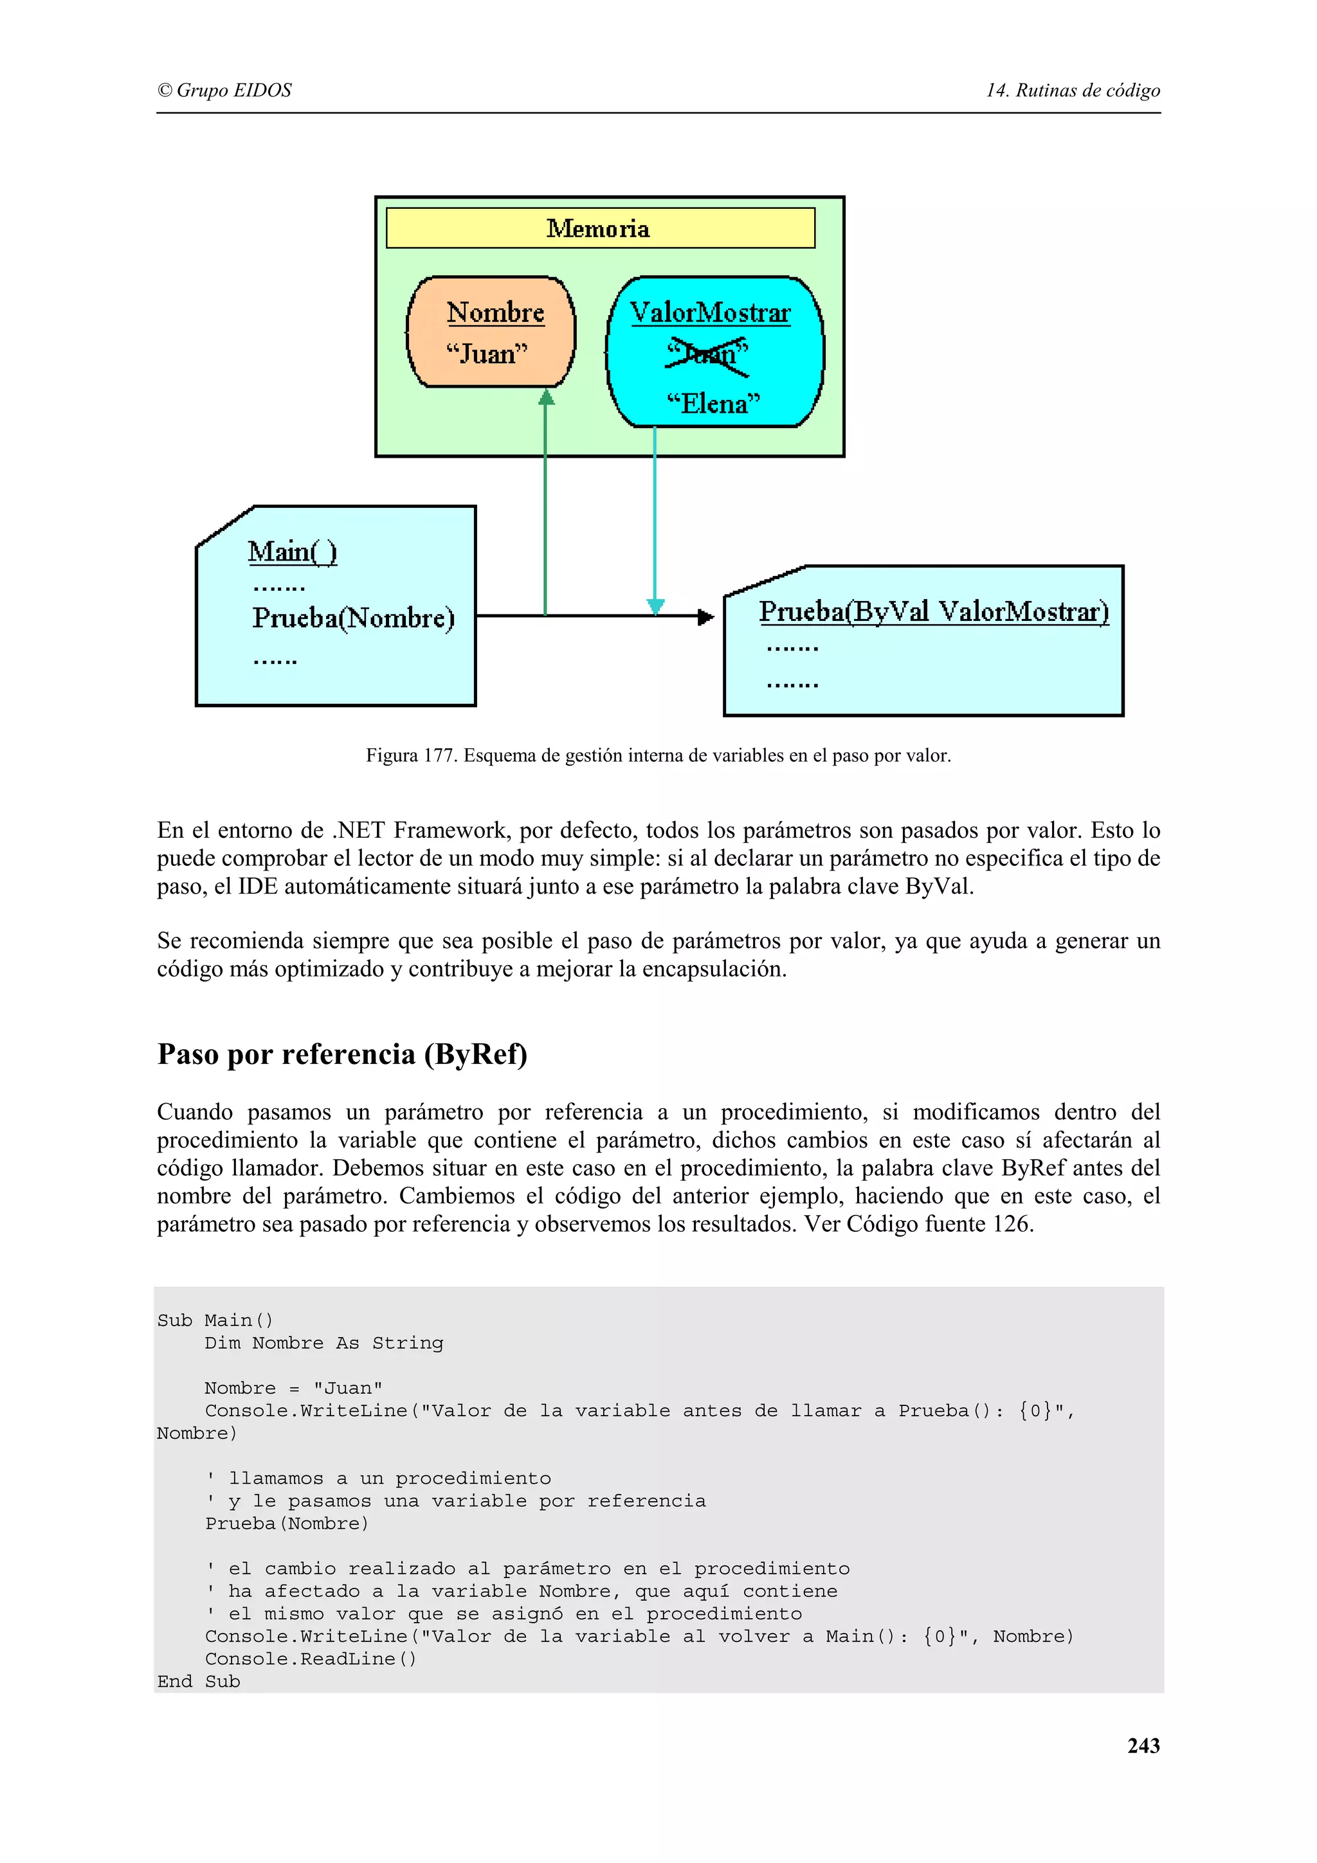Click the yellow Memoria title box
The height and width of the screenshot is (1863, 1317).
click(600, 228)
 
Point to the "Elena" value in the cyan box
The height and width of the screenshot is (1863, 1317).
click(713, 403)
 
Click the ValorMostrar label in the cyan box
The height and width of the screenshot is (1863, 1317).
click(710, 313)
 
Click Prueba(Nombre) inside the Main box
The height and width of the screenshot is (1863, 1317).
click(353, 618)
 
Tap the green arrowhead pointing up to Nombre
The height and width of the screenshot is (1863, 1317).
click(546, 397)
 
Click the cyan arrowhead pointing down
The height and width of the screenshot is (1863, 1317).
click(655, 606)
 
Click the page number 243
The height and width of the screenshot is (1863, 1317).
click(1143, 1745)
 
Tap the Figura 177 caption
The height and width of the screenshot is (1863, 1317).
click(658, 755)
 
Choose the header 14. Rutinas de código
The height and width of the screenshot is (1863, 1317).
click(1073, 90)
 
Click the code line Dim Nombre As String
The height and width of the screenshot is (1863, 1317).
click(323, 1343)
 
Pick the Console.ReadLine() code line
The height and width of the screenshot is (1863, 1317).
click(311, 1659)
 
